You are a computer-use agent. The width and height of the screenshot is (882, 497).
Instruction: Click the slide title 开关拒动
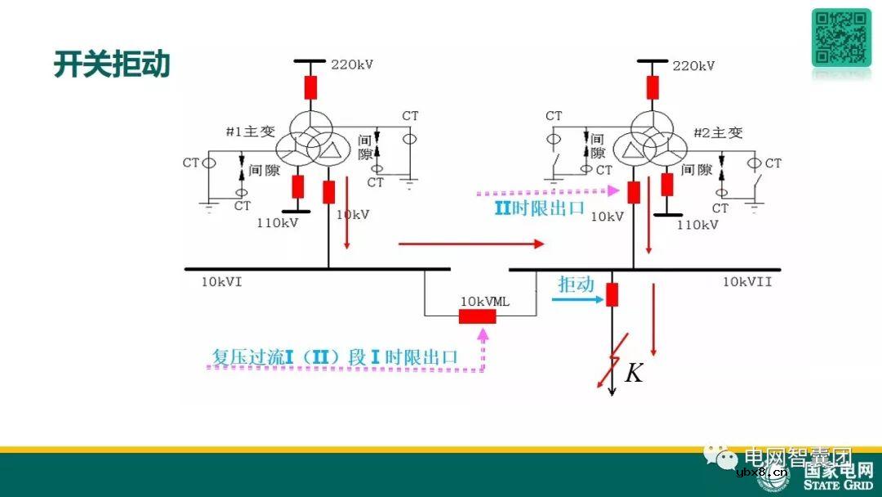(112, 65)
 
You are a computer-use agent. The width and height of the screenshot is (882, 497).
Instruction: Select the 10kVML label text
(485, 301)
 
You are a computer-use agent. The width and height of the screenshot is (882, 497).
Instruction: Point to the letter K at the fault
(634, 374)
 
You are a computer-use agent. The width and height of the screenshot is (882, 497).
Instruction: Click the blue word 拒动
(576, 284)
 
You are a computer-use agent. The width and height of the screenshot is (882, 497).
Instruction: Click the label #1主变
(251, 132)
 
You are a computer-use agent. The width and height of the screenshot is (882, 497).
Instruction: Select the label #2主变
(718, 132)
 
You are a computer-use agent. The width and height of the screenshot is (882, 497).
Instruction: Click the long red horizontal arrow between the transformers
(470, 244)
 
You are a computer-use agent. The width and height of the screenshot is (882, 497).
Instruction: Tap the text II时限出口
(539, 208)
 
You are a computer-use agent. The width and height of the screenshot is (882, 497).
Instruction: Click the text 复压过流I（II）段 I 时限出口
(334, 357)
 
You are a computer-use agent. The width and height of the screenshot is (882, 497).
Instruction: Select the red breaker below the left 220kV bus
(310, 87)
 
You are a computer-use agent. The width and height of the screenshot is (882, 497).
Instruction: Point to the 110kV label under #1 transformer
(278, 223)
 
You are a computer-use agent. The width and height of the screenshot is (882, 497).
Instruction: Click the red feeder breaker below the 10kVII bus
(612, 293)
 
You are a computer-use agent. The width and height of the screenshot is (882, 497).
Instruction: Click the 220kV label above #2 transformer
(693, 65)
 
